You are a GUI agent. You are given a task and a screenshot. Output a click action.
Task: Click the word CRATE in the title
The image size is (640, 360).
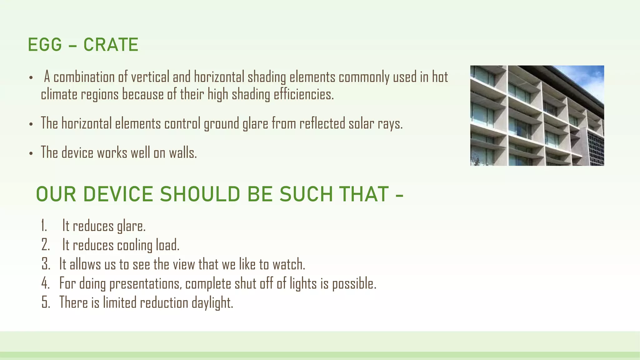click(x=111, y=45)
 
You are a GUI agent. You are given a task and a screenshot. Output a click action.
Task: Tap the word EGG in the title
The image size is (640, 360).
click(x=45, y=45)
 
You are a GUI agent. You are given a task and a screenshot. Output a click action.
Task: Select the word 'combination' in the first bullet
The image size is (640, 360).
click(x=84, y=77)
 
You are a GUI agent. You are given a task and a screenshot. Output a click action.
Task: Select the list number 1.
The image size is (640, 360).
click(x=44, y=226)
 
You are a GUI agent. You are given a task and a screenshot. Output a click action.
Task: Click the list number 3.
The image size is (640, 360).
click(x=46, y=264)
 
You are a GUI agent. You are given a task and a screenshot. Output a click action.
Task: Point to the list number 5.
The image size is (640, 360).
click(x=46, y=302)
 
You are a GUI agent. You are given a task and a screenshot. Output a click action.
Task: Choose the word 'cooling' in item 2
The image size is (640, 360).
click(x=135, y=245)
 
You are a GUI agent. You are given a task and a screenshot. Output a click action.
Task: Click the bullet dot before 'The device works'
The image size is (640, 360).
click(x=31, y=154)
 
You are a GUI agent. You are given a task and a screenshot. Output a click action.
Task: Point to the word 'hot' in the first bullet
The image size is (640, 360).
click(x=440, y=77)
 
